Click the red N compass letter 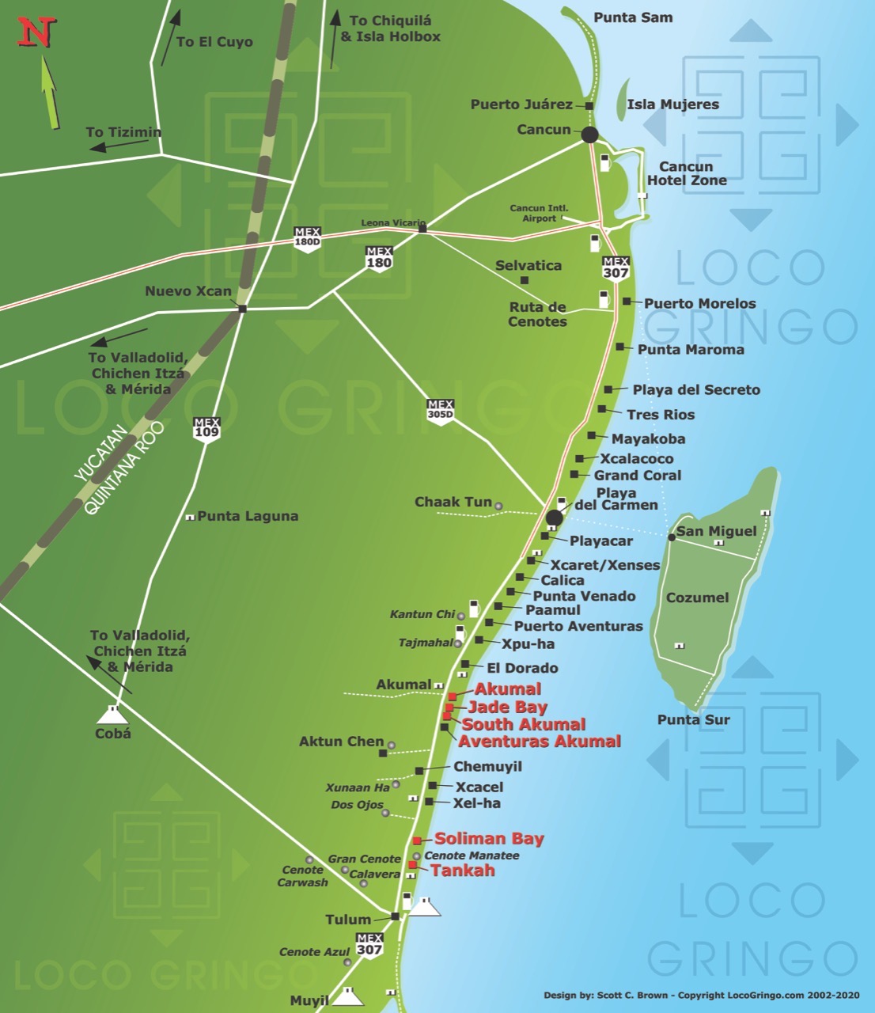pos(36,32)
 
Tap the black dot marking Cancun pos(589,135)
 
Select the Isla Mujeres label pos(672,104)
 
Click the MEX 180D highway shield pos(307,238)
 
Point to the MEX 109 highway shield pos(206,428)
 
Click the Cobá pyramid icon pos(112,715)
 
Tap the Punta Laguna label pos(248,516)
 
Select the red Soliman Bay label pos(489,839)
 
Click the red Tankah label pos(462,871)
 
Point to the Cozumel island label pos(697,598)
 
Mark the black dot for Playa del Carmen pos(554,518)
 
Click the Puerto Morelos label pos(699,303)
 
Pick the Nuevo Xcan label pos(188,291)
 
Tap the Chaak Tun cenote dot pos(498,505)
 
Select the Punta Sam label pos(633,17)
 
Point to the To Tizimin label pos(123,132)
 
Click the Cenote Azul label pos(314,952)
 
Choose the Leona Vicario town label pos(392,223)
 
